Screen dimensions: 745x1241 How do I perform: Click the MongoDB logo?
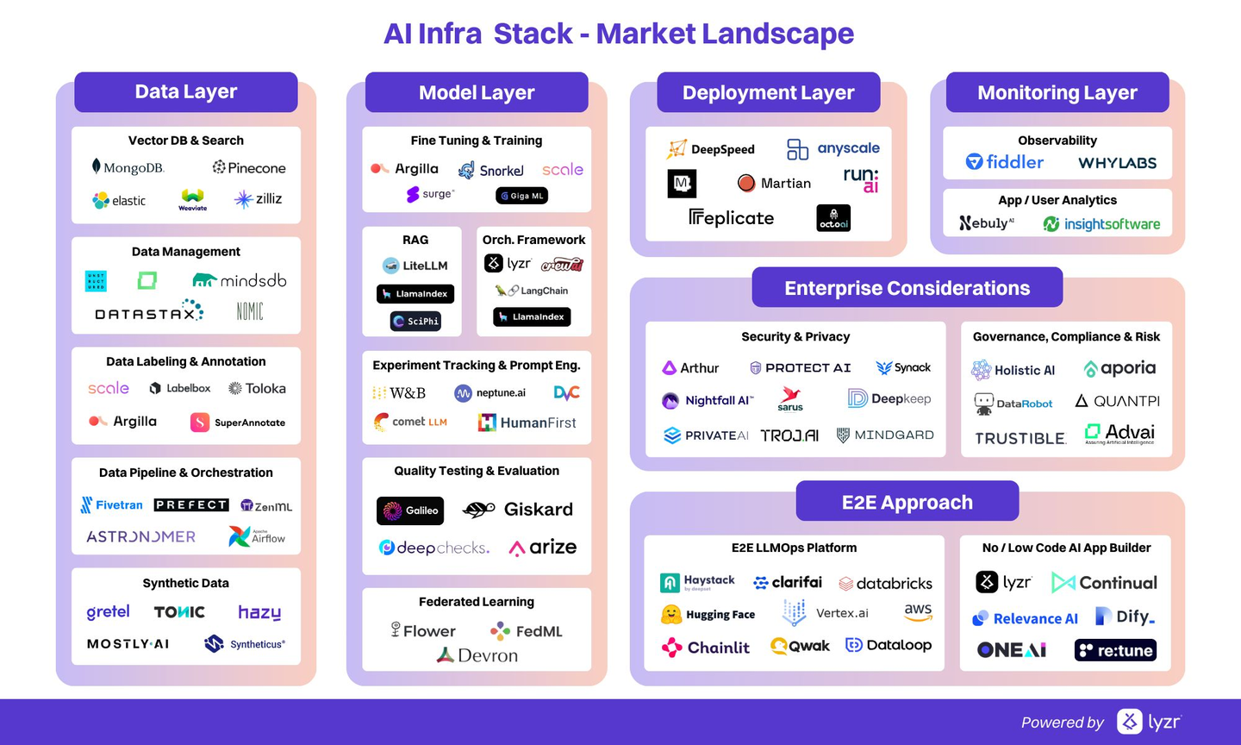coord(128,167)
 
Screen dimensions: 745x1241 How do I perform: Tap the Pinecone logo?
coord(249,168)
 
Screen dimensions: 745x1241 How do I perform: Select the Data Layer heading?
coord(186,92)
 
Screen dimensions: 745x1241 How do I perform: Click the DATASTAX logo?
coord(149,312)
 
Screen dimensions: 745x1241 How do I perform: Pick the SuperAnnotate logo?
coord(238,423)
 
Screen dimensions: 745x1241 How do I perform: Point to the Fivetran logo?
coord(112,505)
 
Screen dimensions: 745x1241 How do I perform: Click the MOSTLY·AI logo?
coord(128,644)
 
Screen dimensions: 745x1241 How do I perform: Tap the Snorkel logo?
coord(490,170)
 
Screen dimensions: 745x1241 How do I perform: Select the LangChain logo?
coord(532,291)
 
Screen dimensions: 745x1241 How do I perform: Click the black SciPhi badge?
coord(415,322)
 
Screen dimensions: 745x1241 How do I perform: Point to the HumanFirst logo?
coord(527,423)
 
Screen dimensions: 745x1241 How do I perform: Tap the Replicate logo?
coord(732,218)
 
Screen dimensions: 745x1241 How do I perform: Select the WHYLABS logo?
coord(1117,163)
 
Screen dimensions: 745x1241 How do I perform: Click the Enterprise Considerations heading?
coord(907,288)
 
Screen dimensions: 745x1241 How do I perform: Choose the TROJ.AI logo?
coord(789,435)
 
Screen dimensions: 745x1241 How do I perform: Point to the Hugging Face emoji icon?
coord(671,615)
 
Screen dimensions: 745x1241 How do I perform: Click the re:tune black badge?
coord(1115,650)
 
